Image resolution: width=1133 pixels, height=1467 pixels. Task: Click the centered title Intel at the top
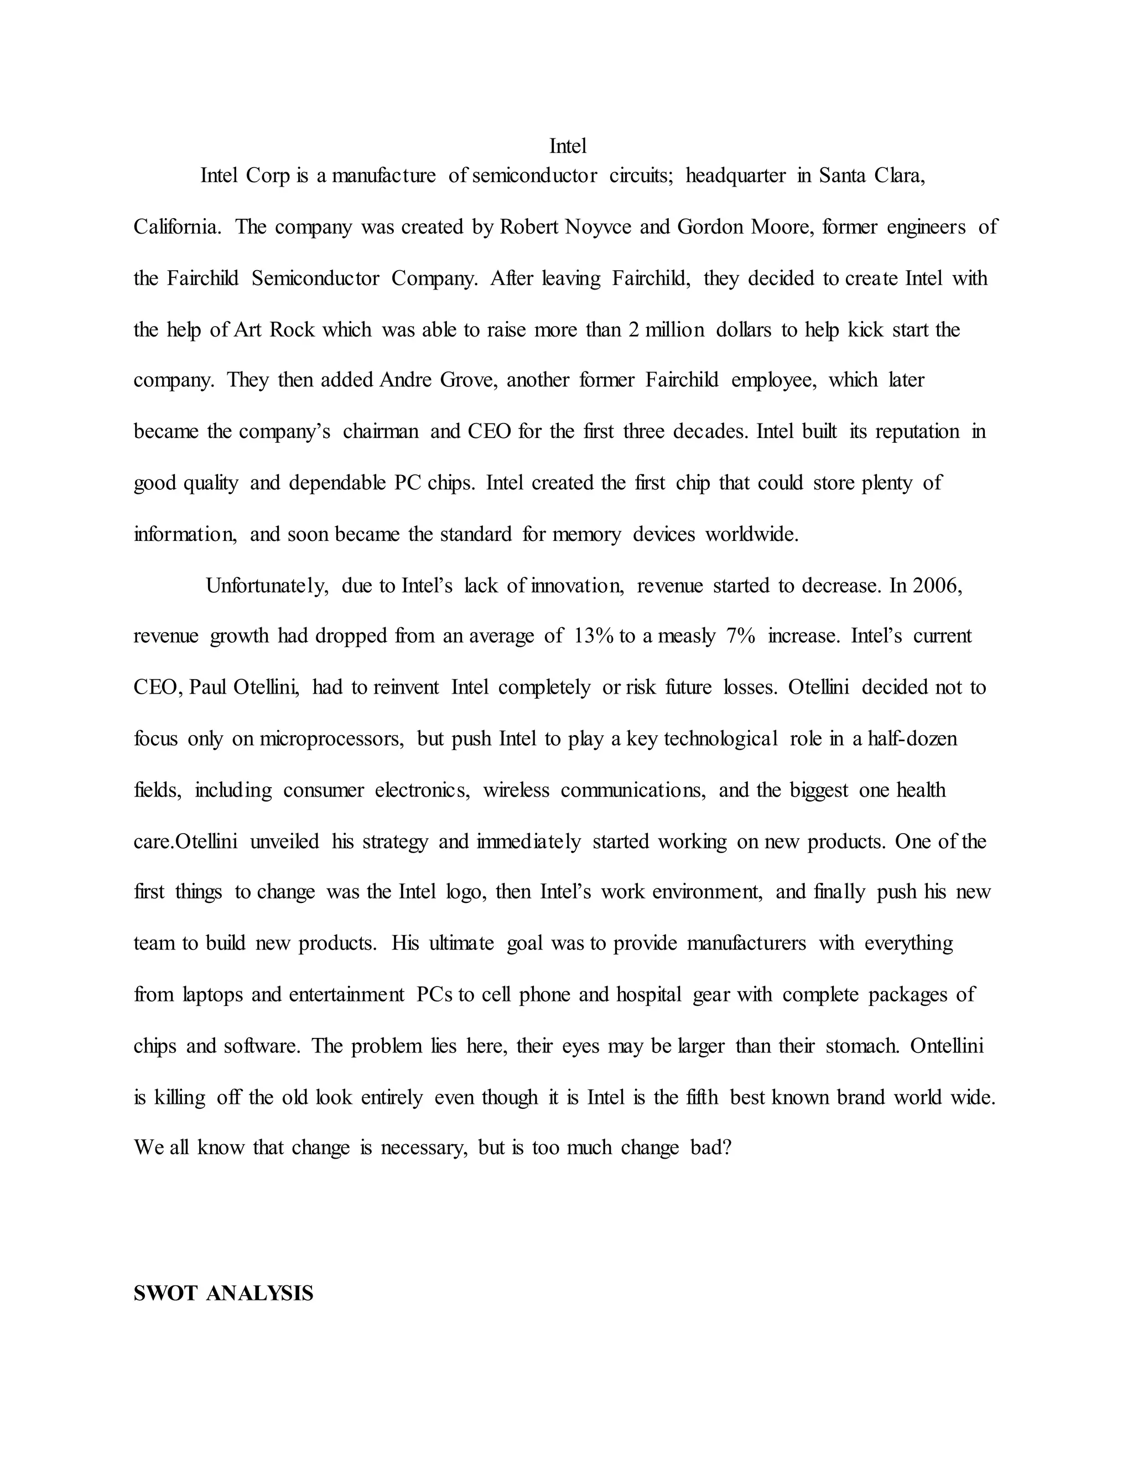coord(567,146)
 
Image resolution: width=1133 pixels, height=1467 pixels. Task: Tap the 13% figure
coord(594,636)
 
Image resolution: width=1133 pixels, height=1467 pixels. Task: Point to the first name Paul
coord(207,688)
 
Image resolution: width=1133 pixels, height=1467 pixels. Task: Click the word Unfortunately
coord(267,586)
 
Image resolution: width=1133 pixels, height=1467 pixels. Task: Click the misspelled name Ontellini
coord(947,1046)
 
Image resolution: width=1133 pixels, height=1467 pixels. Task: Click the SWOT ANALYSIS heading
coord(224,1294)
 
